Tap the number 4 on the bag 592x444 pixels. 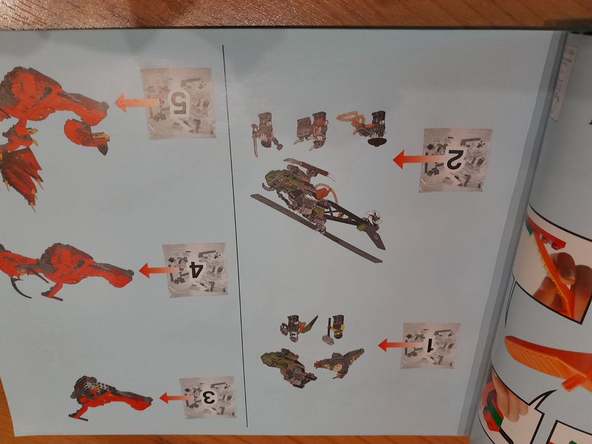pos(196,271)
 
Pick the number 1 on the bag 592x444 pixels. pos(429,346)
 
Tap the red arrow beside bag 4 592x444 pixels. pos(159,271)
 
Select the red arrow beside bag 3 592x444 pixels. pos(176,398)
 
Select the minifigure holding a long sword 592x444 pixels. pos(266,133)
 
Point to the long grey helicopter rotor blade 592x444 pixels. pos(316,228)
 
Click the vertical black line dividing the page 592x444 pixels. pos(235,236)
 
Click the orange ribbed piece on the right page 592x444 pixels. pos(548,361)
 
